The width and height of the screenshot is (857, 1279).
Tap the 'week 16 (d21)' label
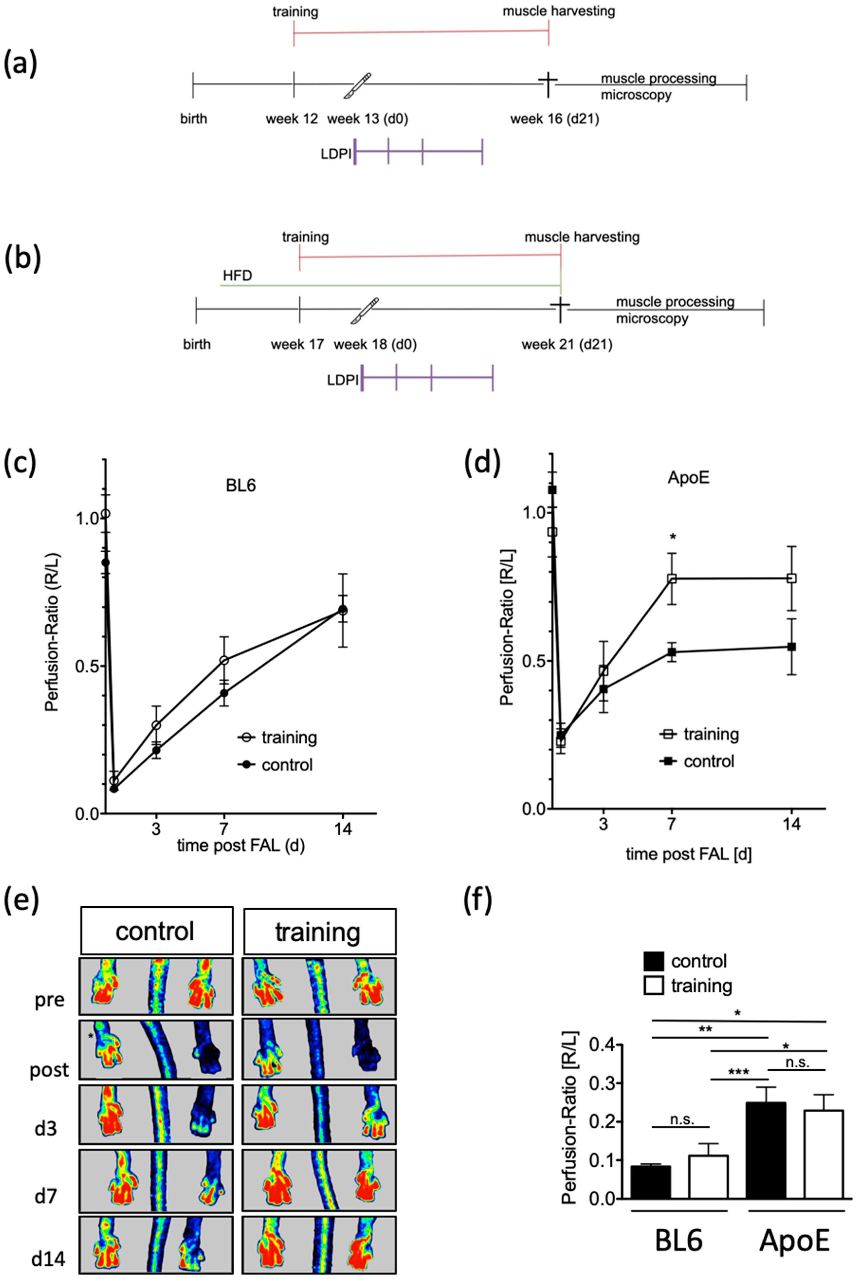click(x=554, y=119)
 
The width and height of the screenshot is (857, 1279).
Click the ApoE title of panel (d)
click(x=688, y=478)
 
